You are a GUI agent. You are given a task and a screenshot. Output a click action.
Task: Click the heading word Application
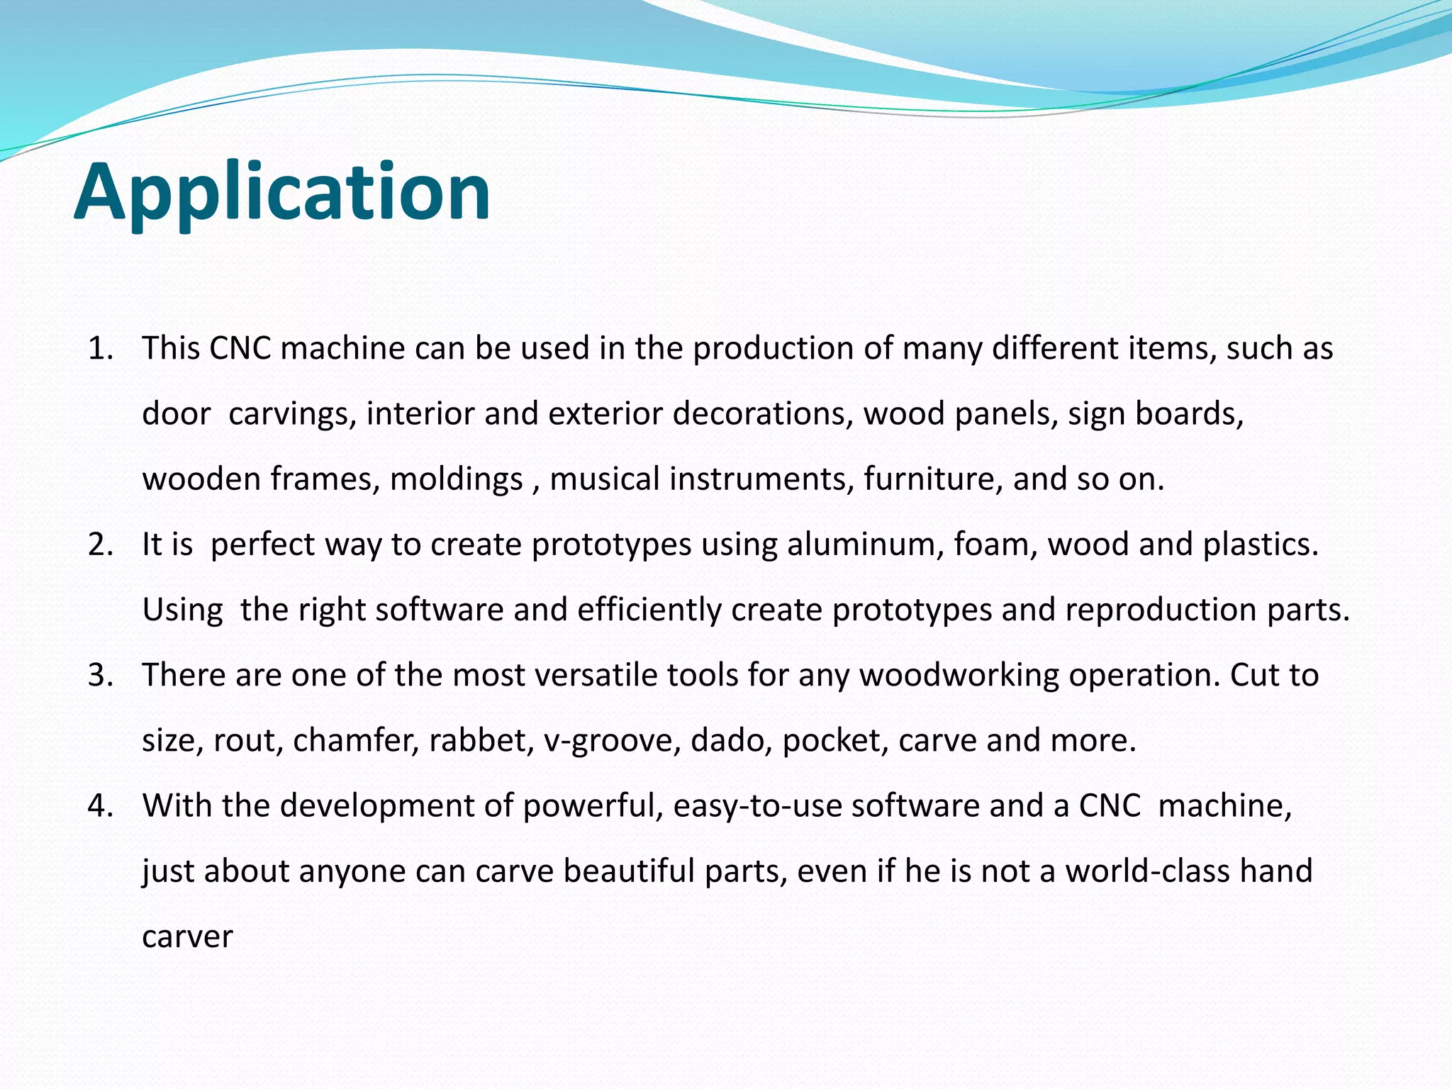281,193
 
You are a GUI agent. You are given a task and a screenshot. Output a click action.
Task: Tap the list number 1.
100,349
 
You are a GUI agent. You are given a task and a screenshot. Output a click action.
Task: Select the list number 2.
100,544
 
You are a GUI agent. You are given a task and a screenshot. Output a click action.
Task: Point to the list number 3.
100,675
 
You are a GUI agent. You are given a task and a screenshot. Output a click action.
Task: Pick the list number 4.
100,806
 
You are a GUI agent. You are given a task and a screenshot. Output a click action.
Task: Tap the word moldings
456,479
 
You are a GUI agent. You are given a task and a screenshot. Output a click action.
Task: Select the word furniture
933,479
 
